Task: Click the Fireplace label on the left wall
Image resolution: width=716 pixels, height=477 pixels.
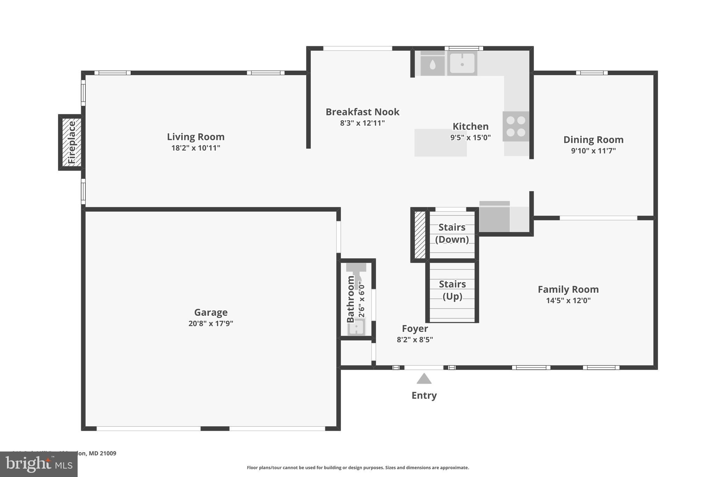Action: click(72, 142)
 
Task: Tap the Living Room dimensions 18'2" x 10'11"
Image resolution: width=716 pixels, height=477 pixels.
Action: click(195, 148)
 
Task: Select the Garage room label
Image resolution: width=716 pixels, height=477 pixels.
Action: click(211, 312)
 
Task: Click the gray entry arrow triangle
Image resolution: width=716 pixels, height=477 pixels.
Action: click(424, 379)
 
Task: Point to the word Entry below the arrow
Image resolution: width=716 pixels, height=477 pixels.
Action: click(424, 395)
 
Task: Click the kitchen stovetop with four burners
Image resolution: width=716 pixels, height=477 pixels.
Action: click(516, 126)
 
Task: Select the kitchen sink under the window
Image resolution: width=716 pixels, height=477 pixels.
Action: click(462, 63)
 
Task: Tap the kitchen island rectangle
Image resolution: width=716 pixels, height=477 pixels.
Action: click(440, 143)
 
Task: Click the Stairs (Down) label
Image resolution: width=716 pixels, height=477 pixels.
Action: click(452, 233)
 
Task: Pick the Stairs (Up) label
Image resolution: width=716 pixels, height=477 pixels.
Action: click(452, 290)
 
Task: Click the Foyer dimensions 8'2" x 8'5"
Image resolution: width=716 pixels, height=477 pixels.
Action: click(415, 340)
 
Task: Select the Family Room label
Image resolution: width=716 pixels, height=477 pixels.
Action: click(568, 289)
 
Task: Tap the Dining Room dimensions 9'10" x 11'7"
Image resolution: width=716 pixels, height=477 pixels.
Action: click(593, 151)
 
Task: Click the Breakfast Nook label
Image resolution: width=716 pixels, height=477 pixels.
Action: click(362, 112)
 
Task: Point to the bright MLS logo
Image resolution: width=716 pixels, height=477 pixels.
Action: click(38, 464)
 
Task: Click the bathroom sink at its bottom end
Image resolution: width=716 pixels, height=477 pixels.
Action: click(356, 327)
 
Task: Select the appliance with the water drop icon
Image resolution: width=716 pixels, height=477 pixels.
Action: click(432, 64)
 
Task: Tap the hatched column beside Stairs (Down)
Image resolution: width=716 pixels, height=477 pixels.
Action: click(420, 234)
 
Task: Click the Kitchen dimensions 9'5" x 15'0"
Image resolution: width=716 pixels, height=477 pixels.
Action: click(470, 137)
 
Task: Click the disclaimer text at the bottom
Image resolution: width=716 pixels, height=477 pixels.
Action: click(358, 468)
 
